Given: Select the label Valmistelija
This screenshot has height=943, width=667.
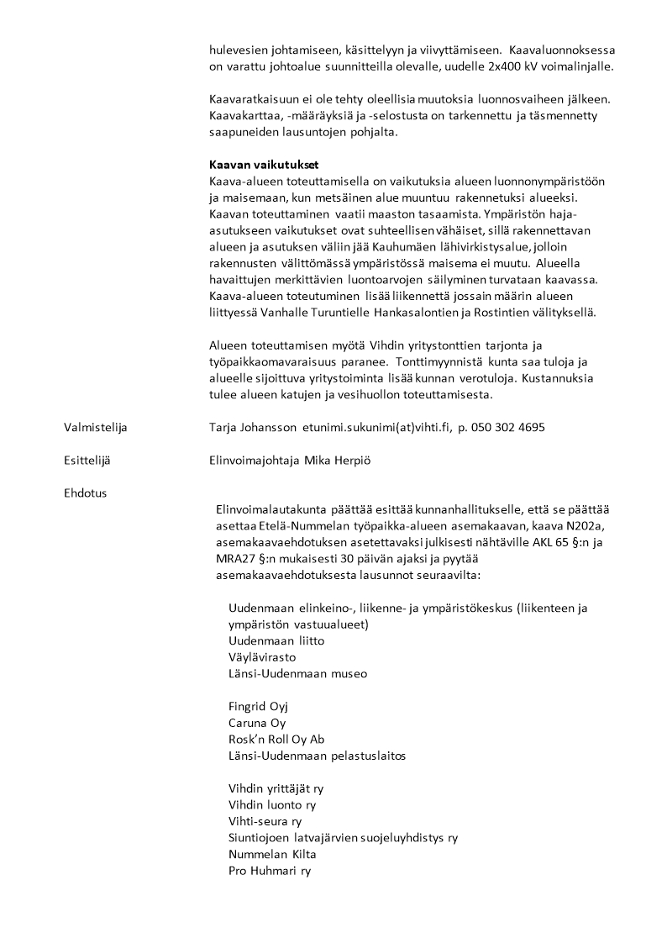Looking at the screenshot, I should (x=95, y=427).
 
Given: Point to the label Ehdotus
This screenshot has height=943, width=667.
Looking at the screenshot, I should (x=85, y=493).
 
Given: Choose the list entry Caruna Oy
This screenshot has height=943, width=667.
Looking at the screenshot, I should (x=257, y=723).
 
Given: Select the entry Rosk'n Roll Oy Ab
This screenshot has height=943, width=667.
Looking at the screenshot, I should (x=276, y=740).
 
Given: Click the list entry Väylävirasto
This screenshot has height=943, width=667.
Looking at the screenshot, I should (x=261, y=657).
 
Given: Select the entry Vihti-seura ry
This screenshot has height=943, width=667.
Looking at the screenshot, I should (x=265, y=822).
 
